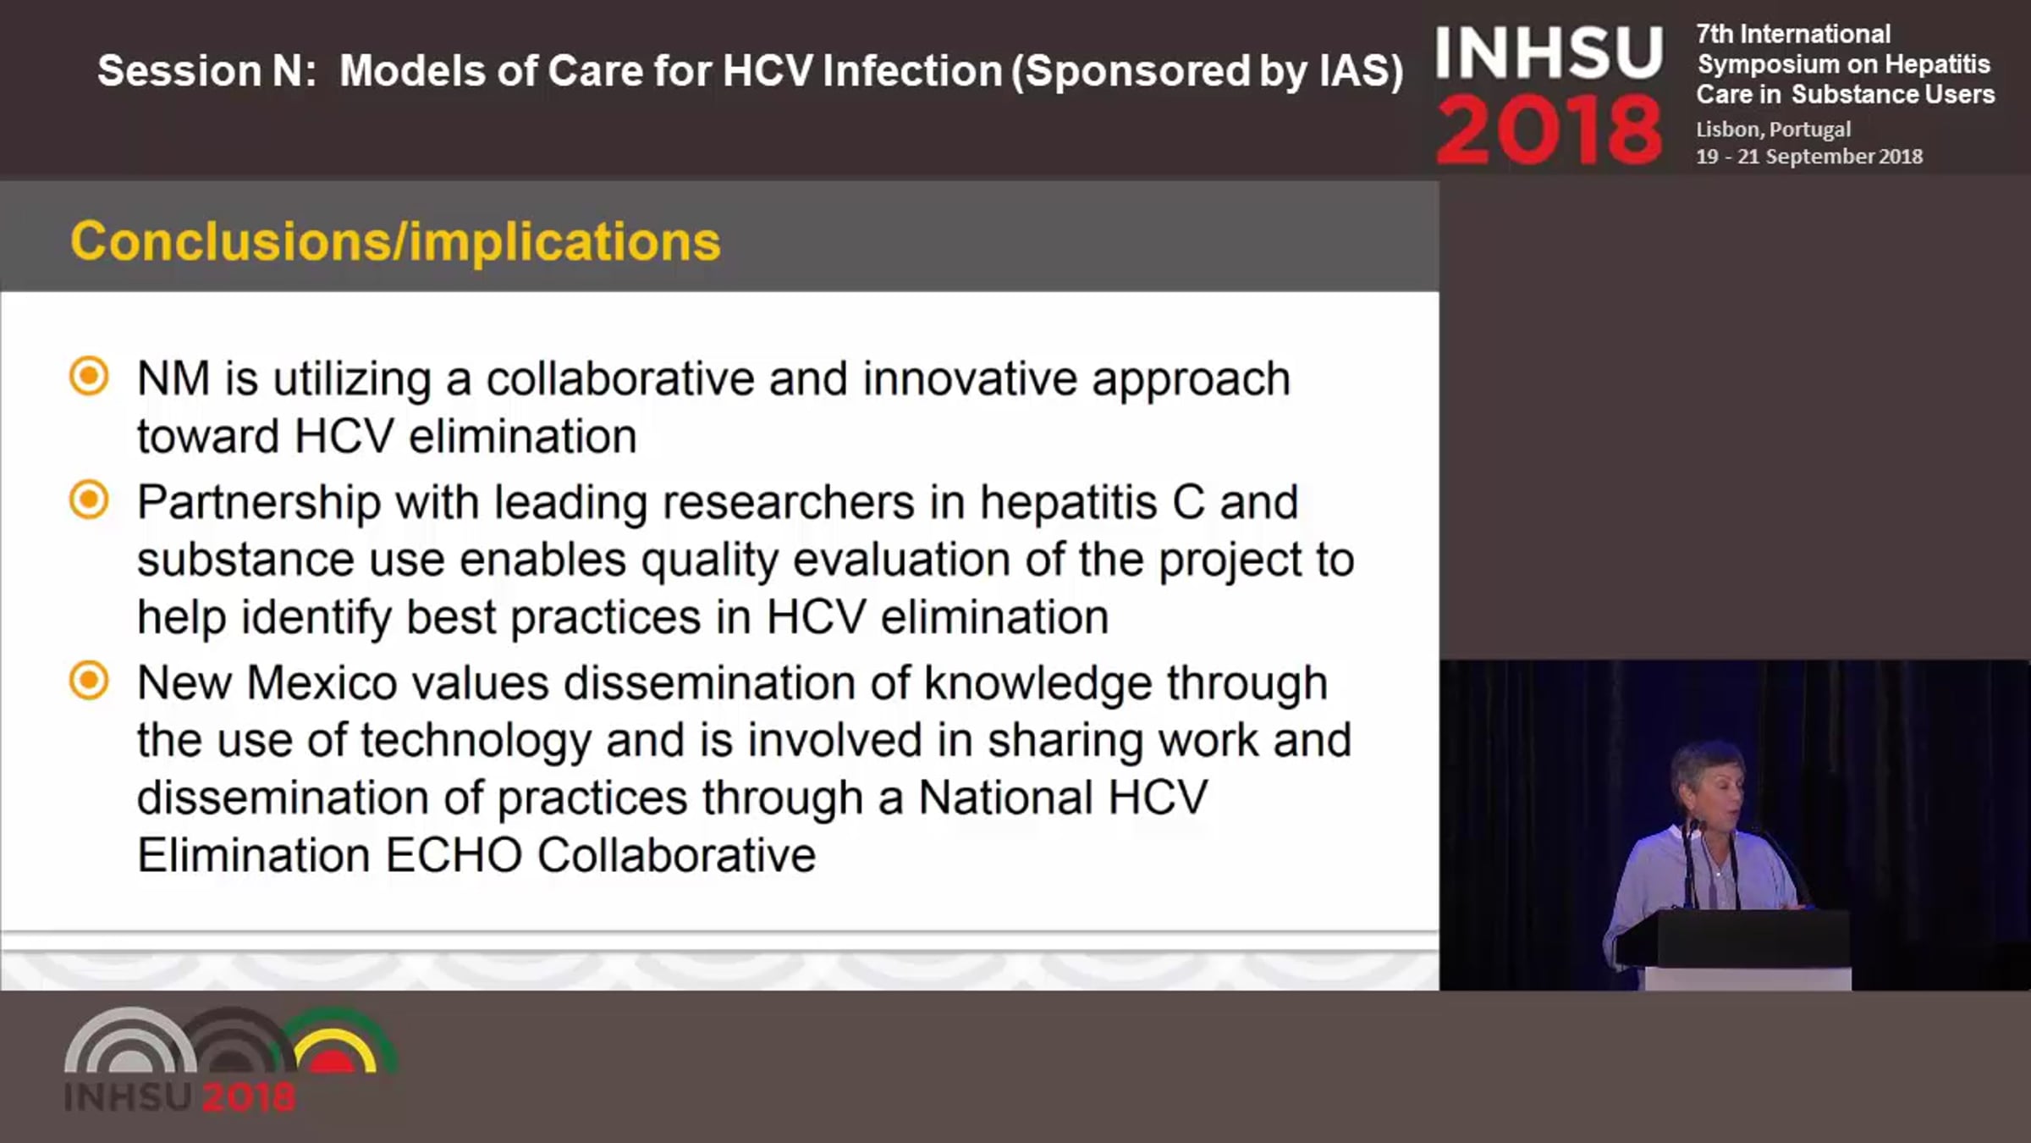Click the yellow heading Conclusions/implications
[395, 243]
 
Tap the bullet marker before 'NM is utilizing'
[89, 376]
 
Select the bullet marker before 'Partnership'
[89, 500]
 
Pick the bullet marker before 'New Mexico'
[89, 681]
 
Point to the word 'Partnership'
[259, 503]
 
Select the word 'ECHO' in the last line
[454, 855]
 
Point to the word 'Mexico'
[322, 682]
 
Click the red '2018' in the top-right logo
[1549, 130]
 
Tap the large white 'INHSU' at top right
[1549, 52]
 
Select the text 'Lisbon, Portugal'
[1773, 130]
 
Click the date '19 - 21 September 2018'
[1809, 157]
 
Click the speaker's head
[1708, 786]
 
